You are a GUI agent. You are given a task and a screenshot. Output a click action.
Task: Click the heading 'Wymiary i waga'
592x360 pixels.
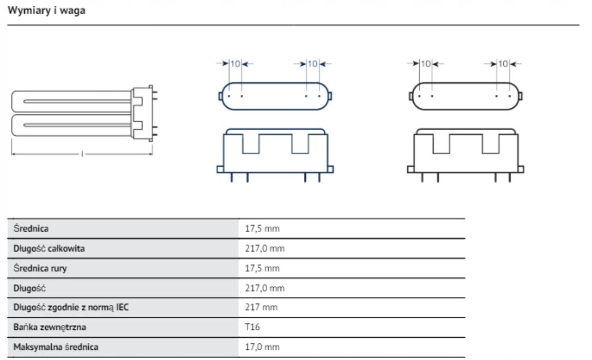(x=46, y=11)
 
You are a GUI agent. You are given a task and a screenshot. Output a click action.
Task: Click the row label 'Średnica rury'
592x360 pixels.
(x=40, y=268)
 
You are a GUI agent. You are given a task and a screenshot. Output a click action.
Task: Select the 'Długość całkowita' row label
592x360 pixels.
(x=49, y=249)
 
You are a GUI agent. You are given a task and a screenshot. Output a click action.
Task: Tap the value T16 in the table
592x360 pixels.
(x=252, y=327)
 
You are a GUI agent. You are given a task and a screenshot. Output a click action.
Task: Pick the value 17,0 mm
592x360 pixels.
(x=262, y=347)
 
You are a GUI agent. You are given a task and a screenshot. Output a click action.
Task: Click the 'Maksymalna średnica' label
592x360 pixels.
(x=56, y=347)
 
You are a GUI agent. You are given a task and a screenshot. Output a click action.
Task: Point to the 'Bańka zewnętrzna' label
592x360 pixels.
(x=50, y=327)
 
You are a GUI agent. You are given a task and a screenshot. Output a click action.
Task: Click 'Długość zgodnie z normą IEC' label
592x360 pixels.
(x=71, y=307)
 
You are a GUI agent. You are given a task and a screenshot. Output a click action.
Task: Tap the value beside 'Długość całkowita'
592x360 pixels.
(x=265, y=249)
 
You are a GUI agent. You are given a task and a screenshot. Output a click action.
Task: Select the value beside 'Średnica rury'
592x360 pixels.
(x=262, y=268)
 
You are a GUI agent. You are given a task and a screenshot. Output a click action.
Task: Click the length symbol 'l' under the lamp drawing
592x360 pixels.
(x=82, y=154)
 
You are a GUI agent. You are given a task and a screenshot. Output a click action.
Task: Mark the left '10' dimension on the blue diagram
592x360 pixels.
(x=235, y=64)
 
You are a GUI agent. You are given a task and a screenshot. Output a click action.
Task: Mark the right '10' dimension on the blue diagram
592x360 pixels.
(x=312, y=64)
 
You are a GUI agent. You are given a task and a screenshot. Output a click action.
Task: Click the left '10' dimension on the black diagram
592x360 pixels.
(x=425, y=64)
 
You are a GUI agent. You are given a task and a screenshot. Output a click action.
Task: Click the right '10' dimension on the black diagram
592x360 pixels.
(x=503, y=64)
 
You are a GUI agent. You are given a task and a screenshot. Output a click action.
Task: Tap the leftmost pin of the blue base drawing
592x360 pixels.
(x=231, y=177)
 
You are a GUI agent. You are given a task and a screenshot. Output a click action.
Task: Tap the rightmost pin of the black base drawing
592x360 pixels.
(x=510, y=177)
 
